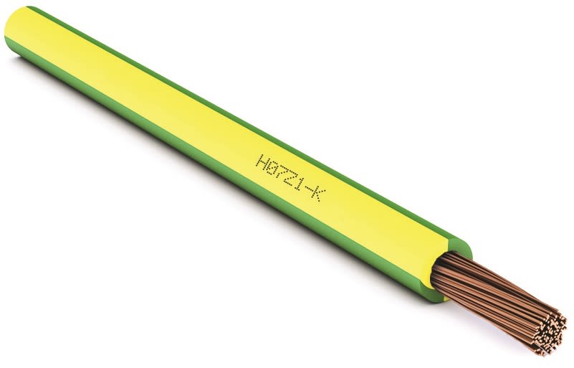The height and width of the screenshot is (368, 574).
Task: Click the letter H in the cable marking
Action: [262, 159]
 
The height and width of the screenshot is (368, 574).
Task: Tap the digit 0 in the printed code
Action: [271, 165]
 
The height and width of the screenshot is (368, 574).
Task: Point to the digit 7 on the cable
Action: [280, 171]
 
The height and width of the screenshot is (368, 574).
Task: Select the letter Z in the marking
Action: [289, 176]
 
